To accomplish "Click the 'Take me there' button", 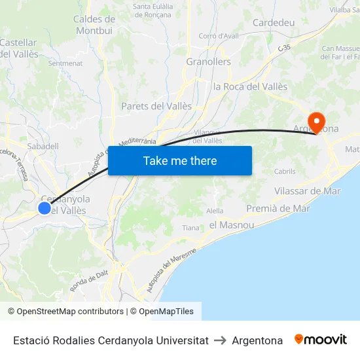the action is (180, 160).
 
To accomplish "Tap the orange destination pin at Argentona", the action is (317, 121).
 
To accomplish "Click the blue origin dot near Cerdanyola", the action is (45, 208).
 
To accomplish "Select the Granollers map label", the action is (209, 62).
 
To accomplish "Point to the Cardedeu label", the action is (274, 23).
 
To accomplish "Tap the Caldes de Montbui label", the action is (94, 25).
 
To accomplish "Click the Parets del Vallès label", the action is (156, 106).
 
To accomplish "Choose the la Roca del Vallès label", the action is (251, 86).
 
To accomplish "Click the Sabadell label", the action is (43, 147).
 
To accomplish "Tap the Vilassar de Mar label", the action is (308, 191).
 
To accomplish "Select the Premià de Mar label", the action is (278, 208).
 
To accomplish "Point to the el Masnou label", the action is (232, 225).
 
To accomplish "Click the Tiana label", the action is (191, 228).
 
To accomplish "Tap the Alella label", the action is (215, 211).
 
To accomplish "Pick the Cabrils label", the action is (285, 171).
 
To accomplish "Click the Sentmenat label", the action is (65, 63).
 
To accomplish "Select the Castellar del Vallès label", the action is (18, 48).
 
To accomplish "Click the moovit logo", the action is (321, 340).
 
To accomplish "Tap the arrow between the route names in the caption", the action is (220, 340).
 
